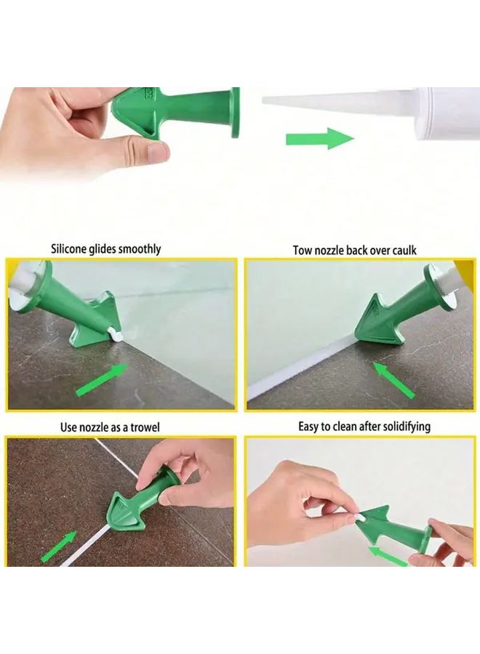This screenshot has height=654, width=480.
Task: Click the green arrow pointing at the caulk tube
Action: coord(319,138)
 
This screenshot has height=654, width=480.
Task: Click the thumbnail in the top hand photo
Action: coord(157,152)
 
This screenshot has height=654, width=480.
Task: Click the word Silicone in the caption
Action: coord(71,249)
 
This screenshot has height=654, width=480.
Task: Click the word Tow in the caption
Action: coord(303,250)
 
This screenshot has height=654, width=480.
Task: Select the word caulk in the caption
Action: coord(402,250)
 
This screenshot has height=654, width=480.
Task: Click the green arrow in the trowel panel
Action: coord(59,546)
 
